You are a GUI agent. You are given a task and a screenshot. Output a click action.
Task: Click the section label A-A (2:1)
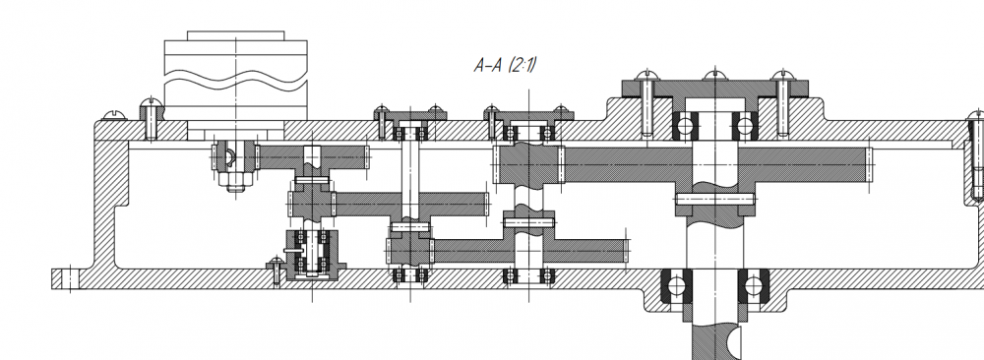[x=505, y=65]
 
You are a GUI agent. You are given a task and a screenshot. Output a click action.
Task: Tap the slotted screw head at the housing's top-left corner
[x=114, y=115]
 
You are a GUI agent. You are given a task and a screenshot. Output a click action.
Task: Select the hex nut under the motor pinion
[x=236, y=181]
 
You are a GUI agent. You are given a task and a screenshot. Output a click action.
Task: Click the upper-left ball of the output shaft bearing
[x=685, y=126]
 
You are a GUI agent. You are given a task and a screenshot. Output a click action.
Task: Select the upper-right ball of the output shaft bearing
[x=745, y=126]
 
